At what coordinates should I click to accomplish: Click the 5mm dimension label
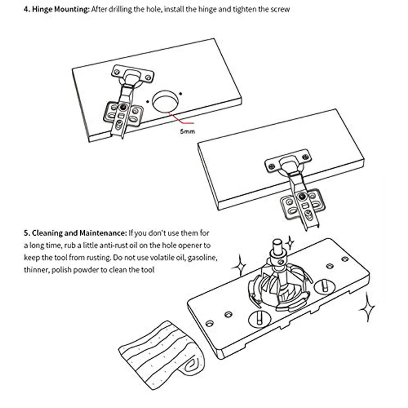[187, 131]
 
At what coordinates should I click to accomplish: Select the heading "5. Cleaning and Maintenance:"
[75, 234]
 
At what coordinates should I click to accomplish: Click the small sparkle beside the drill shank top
[290, 244]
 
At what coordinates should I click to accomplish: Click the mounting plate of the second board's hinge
[302, 202]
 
